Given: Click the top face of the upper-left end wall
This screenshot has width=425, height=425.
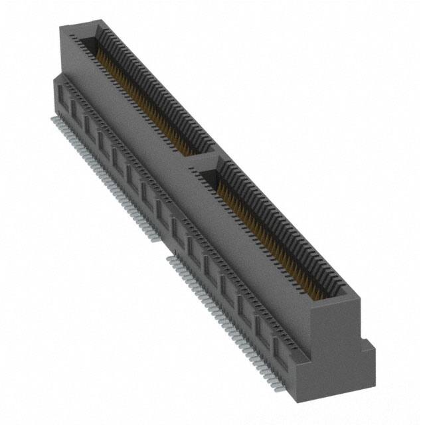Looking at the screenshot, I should tap(80, 29).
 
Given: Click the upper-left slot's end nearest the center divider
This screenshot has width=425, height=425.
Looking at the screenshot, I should tap(197, 147).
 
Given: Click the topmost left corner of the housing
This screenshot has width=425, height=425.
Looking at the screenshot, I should tap(61, 27).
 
